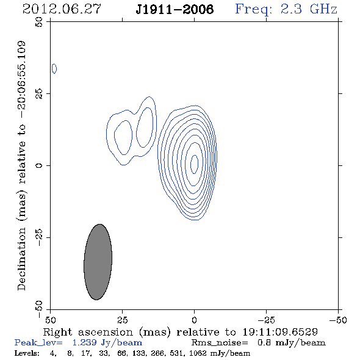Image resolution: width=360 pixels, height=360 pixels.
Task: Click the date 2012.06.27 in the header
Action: tap(62, 9)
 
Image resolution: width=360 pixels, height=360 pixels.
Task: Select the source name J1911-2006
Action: tap(175, 9)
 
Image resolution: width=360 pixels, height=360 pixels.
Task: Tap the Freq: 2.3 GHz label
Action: tap(286, 9)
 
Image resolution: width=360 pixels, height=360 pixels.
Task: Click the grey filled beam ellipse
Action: tap(98, 262)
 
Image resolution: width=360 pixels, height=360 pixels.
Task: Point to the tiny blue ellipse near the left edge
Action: tap(54, 69)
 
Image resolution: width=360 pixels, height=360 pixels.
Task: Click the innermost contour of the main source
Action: tap(191, 164)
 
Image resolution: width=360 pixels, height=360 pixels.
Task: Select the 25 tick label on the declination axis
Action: tap(39, 94)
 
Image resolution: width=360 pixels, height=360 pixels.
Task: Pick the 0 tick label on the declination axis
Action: tap(39, 165)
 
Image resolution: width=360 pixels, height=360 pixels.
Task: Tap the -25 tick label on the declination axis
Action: tap(39, 237)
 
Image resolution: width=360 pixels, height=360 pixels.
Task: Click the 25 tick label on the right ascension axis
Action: tap(123, 320)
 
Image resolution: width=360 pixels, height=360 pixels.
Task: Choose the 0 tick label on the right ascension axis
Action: tap(194, 320)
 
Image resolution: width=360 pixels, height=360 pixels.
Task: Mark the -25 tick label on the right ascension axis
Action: tap(266, 320)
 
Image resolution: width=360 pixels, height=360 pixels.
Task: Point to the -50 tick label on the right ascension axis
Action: tap(338, 320)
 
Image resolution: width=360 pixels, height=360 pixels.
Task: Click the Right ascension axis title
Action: tap(181, 332)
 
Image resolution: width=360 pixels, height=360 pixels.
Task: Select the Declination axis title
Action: tap(21, 165)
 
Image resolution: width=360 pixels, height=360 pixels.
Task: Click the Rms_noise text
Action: tap(220, 343)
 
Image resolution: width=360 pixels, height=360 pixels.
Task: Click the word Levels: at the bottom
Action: tap(27, 353)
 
